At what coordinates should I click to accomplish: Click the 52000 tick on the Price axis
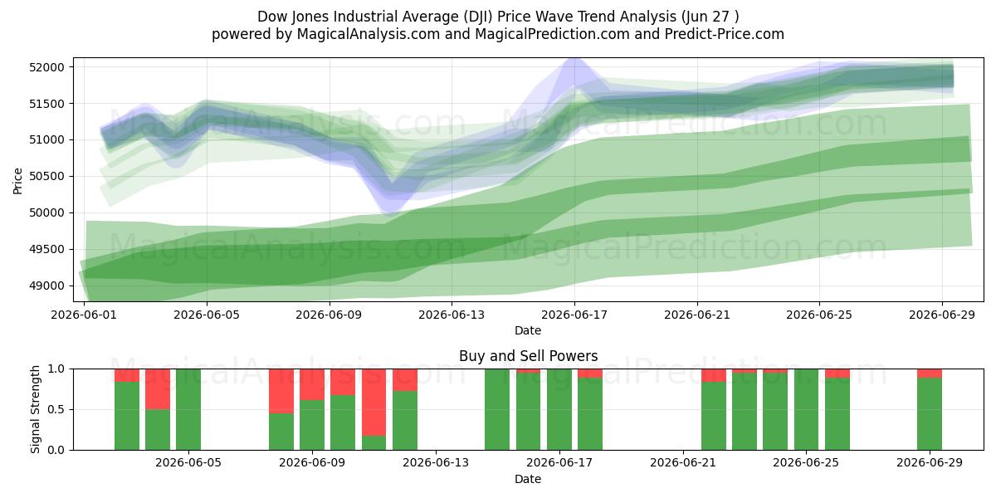coord(46,67)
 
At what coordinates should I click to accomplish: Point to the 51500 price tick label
coord(46,104)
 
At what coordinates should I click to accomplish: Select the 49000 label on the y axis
coord(46,286)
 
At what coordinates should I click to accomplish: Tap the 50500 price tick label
coord(46,177)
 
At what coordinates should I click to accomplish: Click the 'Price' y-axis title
coord(17,181)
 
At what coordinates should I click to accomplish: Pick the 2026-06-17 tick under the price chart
coord(574,315)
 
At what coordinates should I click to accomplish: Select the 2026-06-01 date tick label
coord(84,315)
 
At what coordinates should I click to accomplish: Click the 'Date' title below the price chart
coord(528,331)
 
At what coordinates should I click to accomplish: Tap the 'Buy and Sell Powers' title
coord(528,356)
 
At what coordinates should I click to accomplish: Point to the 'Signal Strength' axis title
coord(35,409)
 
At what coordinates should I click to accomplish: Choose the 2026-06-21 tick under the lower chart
coord(683,463)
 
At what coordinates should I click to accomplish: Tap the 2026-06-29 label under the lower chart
coord(930,463)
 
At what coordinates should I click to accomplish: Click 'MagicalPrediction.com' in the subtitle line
coord(552,34)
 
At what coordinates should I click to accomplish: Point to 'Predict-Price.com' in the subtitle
coord(725,34)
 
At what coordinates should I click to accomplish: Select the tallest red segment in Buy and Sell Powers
coord(373,403)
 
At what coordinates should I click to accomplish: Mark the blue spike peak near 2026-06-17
coord(574,59)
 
